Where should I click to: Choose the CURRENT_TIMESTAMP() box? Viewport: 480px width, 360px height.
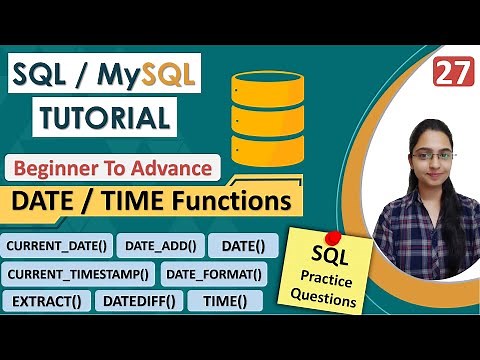[x=78, y=273]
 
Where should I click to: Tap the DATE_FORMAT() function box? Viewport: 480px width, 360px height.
[x=213, y=273]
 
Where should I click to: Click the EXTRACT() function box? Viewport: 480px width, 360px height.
[x=47, y=300]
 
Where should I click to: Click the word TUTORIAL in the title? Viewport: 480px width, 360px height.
[x=104, y=118]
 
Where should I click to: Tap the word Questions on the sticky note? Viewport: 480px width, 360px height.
[x=325, y=296]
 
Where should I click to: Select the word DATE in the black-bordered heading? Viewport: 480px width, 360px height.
[x=47, y=201]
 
